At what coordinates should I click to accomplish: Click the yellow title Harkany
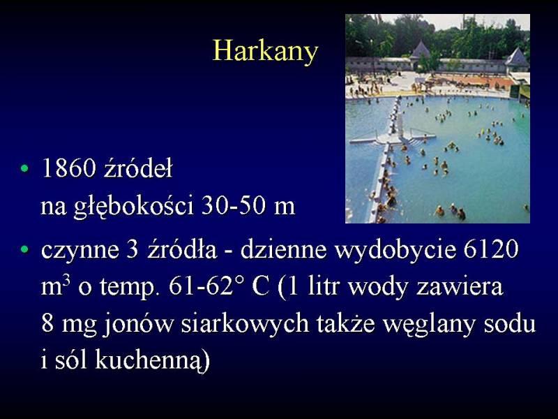coord(265,51)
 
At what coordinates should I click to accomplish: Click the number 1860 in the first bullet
coord(68,168)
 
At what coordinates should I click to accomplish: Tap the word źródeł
coord(138,168)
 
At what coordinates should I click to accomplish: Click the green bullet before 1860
coord(24,168)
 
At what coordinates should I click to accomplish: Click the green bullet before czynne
coord(24,249)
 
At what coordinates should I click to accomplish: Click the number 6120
coord(491,249)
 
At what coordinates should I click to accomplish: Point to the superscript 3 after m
coord(66,281)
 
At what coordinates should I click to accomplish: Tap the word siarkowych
coord(245,324)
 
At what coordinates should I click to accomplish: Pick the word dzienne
coord(283,249)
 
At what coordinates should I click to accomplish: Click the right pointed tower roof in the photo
coord(517,57)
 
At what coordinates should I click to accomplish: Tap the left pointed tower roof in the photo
coord(421,49)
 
